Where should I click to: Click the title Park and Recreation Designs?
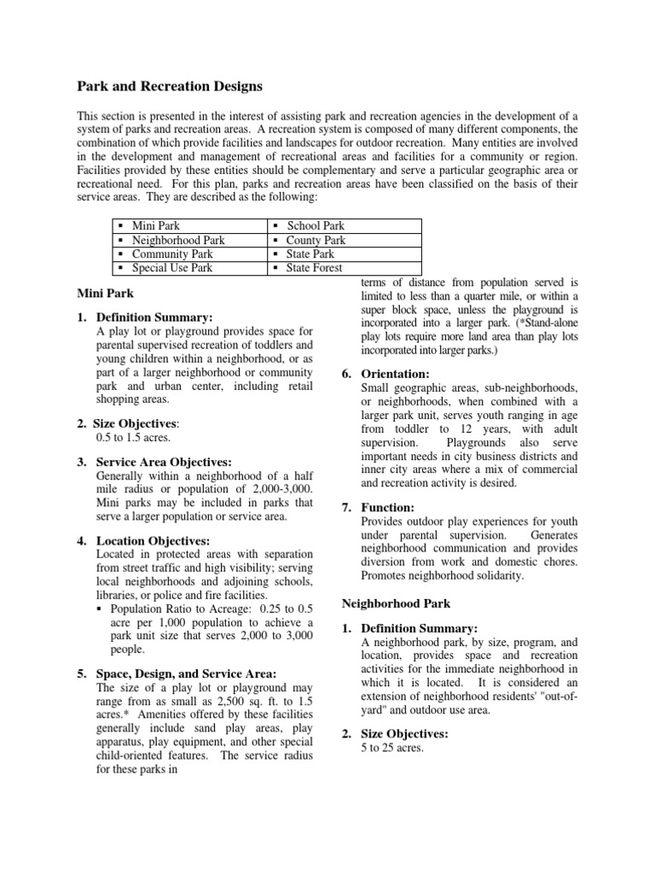(171, 86)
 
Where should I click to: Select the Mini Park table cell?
(153, 226)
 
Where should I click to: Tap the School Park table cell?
(316, 226)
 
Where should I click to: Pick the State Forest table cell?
(314, 267)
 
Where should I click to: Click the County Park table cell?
(316, 240)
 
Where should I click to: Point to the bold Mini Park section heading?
(102, 293)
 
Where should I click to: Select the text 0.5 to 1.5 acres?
(134, 438)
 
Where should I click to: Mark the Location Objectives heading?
(153, 540)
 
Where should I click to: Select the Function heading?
(390, 507)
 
